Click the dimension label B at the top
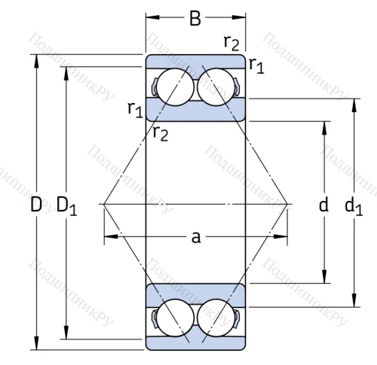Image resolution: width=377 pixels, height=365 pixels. point(195,18)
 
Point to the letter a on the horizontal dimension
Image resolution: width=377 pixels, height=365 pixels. point(195,237)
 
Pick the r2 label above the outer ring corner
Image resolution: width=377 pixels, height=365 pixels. point(232,42)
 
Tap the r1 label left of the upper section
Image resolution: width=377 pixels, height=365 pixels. point(134,110)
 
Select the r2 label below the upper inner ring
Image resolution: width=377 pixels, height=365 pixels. point(160,134)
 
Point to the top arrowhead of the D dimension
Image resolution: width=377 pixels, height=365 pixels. point(36,59)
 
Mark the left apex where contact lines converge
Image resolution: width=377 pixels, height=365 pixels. point(103,203)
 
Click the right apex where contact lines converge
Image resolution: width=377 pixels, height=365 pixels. point(289,203)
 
